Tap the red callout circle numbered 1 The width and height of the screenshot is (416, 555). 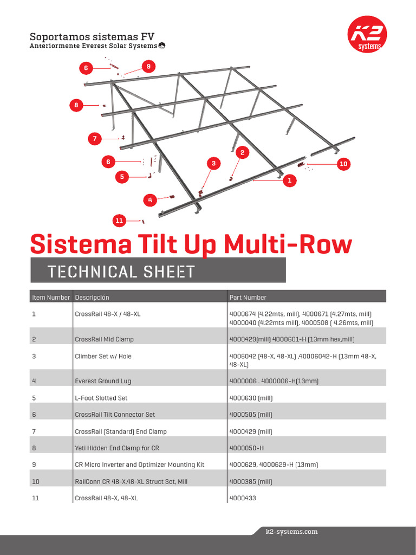pos(290,180)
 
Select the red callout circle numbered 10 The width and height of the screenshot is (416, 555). pos(343,163)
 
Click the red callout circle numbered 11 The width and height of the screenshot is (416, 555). pos(120,220)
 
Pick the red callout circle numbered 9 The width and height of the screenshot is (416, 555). pos(148,66)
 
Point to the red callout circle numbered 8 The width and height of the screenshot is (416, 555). pos(76,105)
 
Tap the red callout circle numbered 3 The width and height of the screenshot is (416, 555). pos(213,163)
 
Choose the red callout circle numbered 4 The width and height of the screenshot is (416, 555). pos(150,200)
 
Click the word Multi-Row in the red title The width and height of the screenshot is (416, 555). pos(288,244)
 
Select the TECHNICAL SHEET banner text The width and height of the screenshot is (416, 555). pos(121,271)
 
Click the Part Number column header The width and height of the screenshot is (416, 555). pos(248,298)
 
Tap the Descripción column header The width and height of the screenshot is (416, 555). pos(92,298)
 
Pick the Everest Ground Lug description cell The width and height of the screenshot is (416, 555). pos(102,381)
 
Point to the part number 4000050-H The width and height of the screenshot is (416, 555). pos(246,448)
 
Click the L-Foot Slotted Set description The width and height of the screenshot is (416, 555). pos(101,398)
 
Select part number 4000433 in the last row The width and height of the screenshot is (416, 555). pos(243,498)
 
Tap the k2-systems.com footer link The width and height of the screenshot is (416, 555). pos(292,532)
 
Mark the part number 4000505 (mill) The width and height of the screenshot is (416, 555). pos(251,415)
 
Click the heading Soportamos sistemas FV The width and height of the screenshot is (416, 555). pos(92,37)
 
